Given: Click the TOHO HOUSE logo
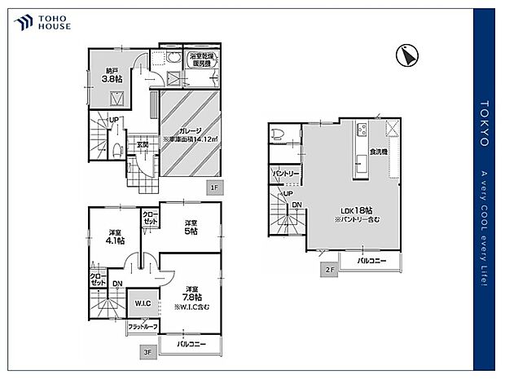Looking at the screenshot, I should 42,21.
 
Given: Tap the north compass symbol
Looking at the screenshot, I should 404,55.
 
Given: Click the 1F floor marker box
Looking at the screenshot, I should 214,187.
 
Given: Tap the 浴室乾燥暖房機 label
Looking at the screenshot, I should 202,59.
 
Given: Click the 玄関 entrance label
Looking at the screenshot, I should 142,145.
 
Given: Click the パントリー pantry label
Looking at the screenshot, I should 286,174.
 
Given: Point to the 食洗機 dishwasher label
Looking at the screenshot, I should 377,152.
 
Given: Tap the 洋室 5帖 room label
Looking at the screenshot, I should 191,227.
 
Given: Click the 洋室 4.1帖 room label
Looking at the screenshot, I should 114,236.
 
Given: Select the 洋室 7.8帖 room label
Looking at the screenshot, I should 191,294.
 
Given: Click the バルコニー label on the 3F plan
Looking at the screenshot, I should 190,345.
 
